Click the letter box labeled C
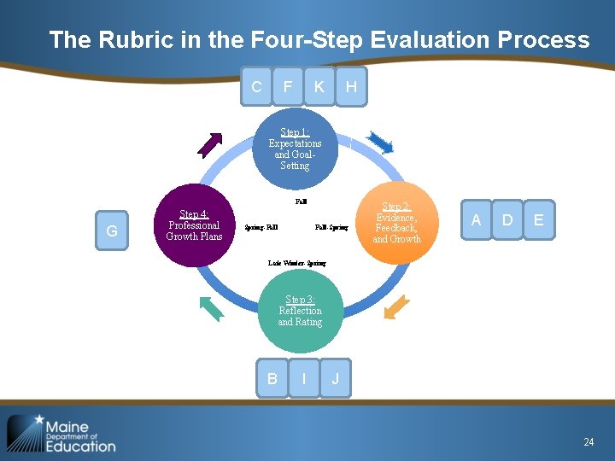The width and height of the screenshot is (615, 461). pos(256,86)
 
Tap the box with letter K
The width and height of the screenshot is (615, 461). pos(319,86)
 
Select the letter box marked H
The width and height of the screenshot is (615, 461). pos(351,86)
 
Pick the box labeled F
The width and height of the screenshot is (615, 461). pos(288,86)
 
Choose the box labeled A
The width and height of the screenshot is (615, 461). pos(476,220)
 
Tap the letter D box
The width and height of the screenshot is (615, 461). pos(507,220)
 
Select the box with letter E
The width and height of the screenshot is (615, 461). pos(538,220)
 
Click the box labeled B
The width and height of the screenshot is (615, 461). pos(272,378)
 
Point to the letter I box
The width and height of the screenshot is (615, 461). pos(304,378)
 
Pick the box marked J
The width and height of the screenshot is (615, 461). pos(336,378)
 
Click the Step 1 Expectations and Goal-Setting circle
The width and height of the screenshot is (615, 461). pos(293,149)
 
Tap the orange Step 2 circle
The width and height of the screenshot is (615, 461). pos(396,223)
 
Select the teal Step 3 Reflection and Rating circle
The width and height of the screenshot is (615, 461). pos(300,312)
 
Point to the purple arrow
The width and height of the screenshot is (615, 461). pos(211,144)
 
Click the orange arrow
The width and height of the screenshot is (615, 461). pos(396,307)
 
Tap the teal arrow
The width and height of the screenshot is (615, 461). pos(209,307)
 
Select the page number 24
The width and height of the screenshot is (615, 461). pos(589,441)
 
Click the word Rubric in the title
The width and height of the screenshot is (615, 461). pos(134,40)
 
